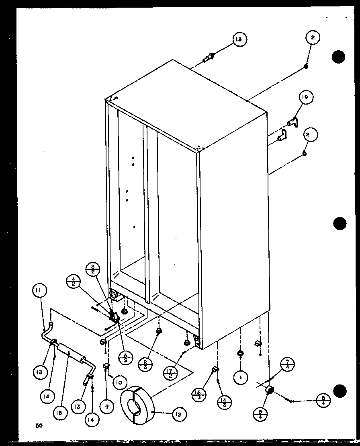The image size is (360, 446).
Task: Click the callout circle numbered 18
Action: click(239, 39)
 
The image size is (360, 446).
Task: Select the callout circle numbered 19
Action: click(306, 98)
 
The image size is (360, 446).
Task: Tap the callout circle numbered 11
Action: click(40, 290)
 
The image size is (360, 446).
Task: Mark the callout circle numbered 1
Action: click(240, 378)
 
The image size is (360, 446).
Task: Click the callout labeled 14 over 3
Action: click(223, 402)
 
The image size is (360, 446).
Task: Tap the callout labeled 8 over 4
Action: click(323, 401)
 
